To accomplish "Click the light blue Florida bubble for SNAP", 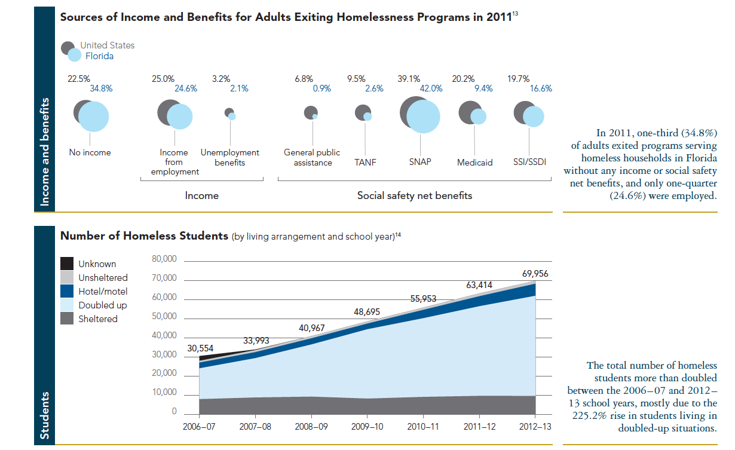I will pos(423,117).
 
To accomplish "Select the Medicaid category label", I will pos(474,163).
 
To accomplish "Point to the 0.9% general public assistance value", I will pos(321,88).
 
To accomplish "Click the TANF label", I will pos(365,162).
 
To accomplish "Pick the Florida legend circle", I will pos(74,56).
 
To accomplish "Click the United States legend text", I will pos(108,45).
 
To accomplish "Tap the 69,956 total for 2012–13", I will pos(532,274).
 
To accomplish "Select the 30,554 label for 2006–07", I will pos(200,348).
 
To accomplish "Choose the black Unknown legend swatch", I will pos(68,264).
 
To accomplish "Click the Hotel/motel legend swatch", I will pos(68,292).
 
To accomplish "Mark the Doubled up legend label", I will pos(103,305).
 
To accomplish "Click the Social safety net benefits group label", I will pos(414,195).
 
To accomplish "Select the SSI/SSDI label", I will pos(529,162).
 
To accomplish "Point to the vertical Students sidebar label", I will pos(45,416).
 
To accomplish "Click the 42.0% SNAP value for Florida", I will pos(431,88).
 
